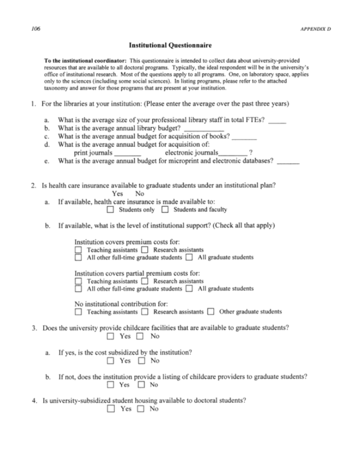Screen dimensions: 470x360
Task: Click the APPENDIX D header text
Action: (316, 28)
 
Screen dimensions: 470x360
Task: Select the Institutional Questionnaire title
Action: (180, 45)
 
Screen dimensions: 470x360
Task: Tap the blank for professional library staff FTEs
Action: (278, 121)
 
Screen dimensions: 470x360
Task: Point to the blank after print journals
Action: (127, 154)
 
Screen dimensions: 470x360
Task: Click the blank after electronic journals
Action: (233, 154)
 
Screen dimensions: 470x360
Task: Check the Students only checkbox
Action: (110, 210)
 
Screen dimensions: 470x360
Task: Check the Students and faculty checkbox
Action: (165, 210)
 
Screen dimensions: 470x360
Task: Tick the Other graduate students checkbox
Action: (211, 312)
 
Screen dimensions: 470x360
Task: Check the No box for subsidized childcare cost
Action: (141, 361)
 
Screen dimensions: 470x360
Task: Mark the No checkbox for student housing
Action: (141, 409)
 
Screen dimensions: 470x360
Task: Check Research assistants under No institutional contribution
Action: (145, 312)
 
